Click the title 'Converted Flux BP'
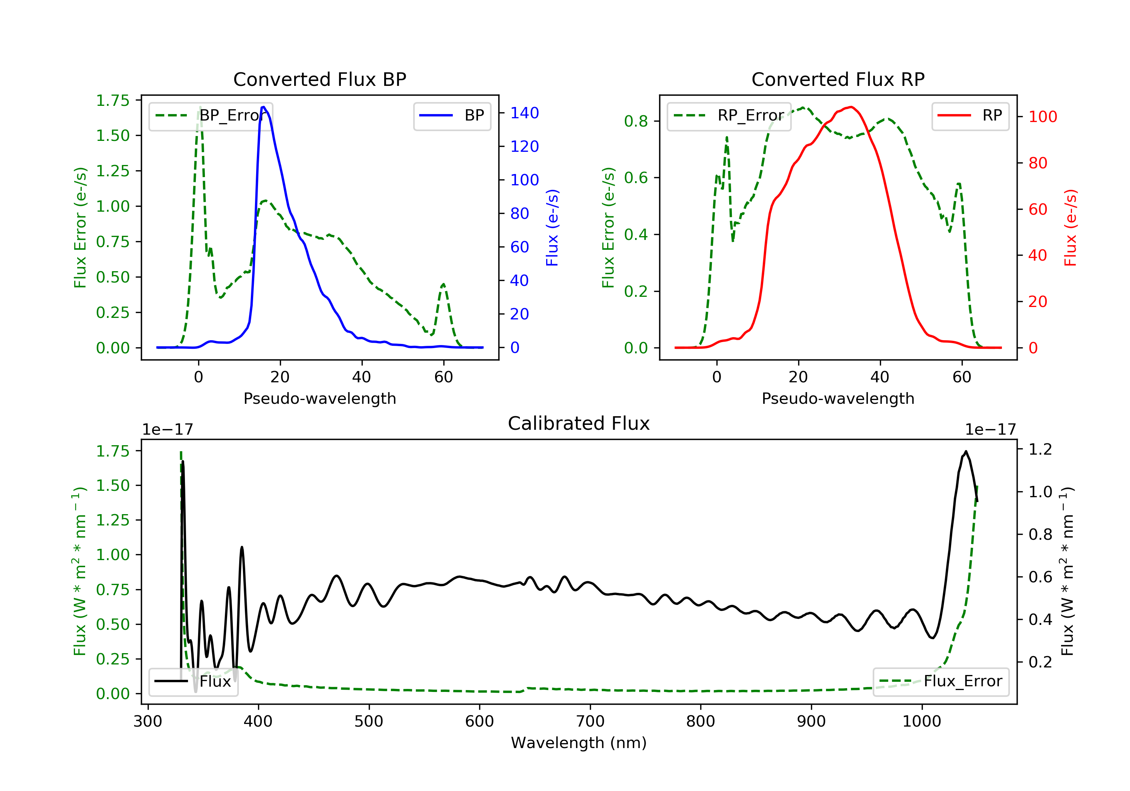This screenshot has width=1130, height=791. click(x=319, y=79)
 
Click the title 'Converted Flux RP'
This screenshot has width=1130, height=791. click(x=838, y=79)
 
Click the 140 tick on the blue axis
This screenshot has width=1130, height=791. click(x=524, y=113)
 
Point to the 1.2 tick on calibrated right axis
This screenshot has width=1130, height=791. click(x=1040, y=449)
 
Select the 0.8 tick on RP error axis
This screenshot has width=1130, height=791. click(x=635, y=121)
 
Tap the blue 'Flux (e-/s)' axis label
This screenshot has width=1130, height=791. click(x=552, y=228)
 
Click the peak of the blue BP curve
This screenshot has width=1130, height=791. click(x=264, y=107)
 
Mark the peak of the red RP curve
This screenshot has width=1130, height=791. click(x=851, y=107)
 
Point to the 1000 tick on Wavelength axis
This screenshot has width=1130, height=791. click(x=921, y=722)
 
